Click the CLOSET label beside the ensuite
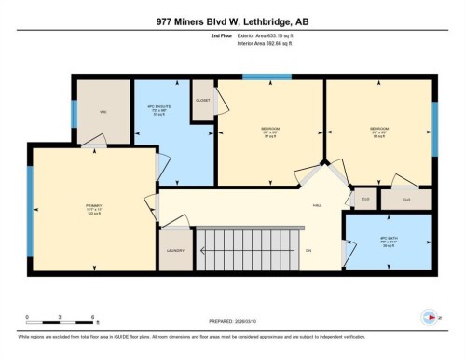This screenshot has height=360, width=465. point(202,100)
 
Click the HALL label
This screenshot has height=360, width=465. point(317,204)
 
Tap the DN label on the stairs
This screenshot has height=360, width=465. point(308,250)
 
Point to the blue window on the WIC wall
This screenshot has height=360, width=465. point(75,112)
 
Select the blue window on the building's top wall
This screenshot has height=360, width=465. point(267,76)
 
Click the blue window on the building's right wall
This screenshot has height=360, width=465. point(434,121)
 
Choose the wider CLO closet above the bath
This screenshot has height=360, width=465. point(405,200)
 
